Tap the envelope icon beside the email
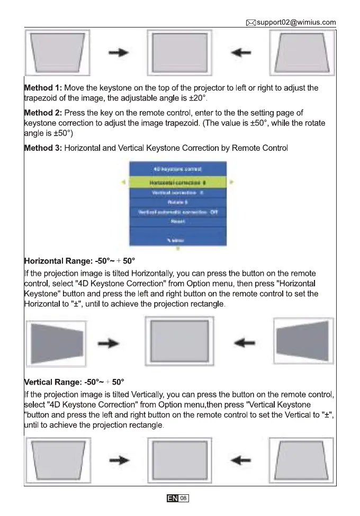coord(251,23)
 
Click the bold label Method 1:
coord(43,87)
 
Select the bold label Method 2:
coord(43,113)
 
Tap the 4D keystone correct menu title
coord(177,169)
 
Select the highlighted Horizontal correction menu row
coord(177,182)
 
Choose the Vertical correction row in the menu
coord(177,193)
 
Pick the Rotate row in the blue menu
coord(177,202)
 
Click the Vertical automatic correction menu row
coord(177,212)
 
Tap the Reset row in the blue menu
coord(177,222)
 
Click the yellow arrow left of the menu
coord(123,182)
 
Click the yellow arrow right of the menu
coord(232,182)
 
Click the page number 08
coord(183,498)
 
